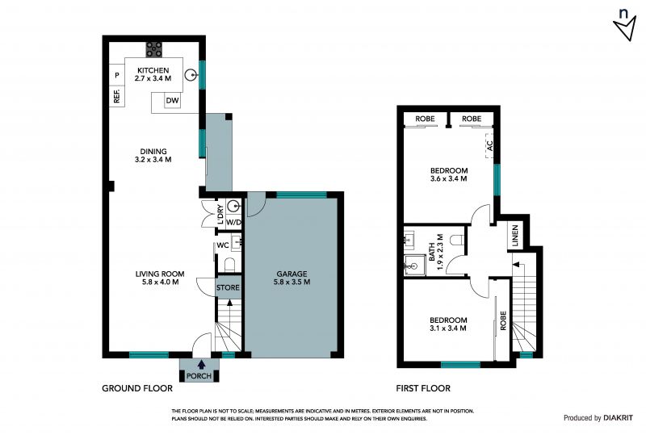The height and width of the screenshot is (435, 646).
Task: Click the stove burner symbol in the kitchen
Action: [x=153, y=49]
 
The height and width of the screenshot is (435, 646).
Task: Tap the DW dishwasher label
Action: [x=172, y=101]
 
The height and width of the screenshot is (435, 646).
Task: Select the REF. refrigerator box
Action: [x=117, y=96]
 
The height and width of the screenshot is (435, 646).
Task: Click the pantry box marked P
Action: [x=117, y=75]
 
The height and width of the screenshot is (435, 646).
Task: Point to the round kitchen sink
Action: [x=191, y=75]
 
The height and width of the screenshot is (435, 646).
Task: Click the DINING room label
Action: [x=153, y=151]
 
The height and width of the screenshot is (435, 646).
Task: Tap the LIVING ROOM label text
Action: [x=160, y=274]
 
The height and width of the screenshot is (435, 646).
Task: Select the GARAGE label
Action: [x=292, y=274]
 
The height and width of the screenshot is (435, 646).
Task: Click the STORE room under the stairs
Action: [x=228, y=287]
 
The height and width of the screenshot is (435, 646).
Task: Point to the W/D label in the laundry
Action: [x=233, y=223]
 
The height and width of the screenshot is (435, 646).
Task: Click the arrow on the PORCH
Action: [x=201, y=365]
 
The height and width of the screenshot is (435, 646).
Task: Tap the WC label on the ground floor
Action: [x=223, y=245]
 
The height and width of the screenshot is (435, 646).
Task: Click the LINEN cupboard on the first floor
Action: [x=515, y=235]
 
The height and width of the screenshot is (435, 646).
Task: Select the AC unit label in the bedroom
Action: [x=490, y=145]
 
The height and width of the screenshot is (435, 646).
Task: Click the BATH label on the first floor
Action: [x=431, y=252]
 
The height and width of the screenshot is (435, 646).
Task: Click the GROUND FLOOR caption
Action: [x=137, y=388]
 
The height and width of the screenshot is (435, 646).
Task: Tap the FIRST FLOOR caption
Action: [x=423, y=388]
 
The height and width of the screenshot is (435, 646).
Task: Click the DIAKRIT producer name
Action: [x=618, y=418]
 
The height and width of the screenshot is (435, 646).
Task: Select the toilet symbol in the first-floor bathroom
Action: [x=457, y=240]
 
